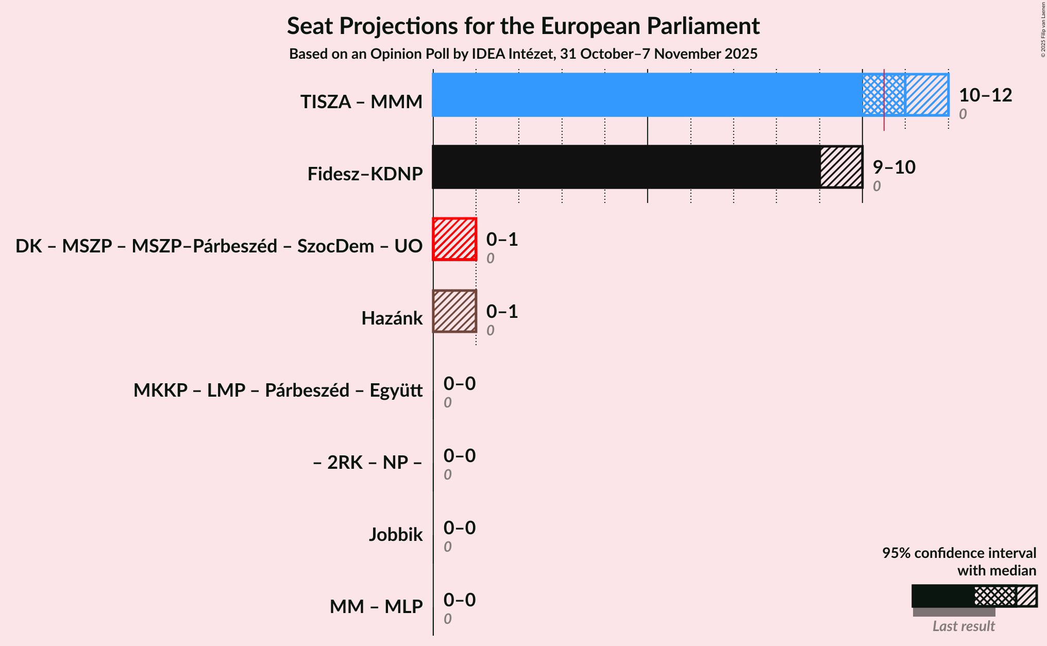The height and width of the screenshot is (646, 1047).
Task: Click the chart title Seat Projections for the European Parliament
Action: point(523,26)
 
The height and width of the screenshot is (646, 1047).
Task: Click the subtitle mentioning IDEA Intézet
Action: point(523,54)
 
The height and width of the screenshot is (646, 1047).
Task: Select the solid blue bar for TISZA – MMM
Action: point(647,95)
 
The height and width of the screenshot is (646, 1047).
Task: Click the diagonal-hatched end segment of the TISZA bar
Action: point(927,95)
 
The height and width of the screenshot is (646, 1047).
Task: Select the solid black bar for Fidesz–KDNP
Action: point(626,167)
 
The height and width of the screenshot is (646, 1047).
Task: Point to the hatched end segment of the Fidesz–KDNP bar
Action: point(841,167)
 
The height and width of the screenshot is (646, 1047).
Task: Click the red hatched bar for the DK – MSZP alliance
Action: point(454,239)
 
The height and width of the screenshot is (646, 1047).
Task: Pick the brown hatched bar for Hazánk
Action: point(454,311)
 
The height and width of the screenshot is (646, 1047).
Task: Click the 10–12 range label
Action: point(985,95)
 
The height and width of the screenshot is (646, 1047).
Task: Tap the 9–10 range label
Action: point(893,167)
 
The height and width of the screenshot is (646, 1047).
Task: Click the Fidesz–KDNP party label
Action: point(365,174)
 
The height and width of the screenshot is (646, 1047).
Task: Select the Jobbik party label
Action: point(395,535)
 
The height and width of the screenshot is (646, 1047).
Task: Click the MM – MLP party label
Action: point(376,607)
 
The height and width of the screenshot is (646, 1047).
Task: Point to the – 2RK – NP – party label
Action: point(367,463)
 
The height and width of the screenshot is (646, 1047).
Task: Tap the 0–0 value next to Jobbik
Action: point(459,528)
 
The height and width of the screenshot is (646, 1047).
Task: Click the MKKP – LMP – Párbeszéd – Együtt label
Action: point(278,390)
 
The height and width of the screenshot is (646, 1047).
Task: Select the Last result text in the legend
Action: point(963,626)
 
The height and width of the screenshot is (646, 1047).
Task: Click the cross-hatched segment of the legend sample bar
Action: point(994,596)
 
